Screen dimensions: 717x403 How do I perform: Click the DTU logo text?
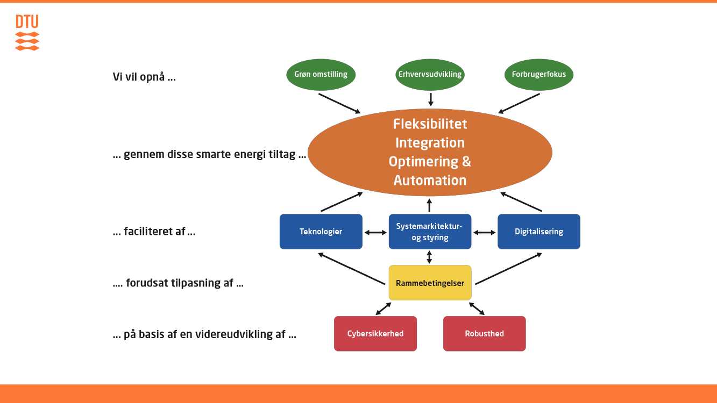(27, 21)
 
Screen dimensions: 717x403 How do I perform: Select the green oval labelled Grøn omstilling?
(321, 75)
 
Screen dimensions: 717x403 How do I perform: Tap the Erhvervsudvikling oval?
(430, 75)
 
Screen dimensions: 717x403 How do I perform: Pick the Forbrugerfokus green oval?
(539, 75)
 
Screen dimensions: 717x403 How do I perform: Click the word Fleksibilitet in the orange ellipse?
(430, 124)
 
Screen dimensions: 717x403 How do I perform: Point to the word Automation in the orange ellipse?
(430, 181)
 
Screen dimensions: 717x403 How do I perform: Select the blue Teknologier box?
(321, 232)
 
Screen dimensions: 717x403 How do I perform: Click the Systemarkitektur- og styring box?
(430, 232)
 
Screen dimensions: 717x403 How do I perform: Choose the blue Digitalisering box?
(539, 232)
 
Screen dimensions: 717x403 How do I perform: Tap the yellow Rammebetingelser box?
(430, 283)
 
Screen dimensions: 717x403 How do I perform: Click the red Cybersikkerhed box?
(375, 334)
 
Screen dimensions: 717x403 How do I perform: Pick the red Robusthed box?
(484, 334)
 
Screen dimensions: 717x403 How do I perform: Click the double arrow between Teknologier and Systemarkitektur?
(375, 233)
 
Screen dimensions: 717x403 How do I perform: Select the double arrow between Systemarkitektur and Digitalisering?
(484, 233)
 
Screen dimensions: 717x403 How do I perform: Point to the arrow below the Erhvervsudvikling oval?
(431, 99)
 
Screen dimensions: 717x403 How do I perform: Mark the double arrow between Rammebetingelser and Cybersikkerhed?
(383, 308)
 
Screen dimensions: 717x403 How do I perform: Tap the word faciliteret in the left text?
(154, 231)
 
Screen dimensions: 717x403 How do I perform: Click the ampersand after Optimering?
(466, 162)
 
